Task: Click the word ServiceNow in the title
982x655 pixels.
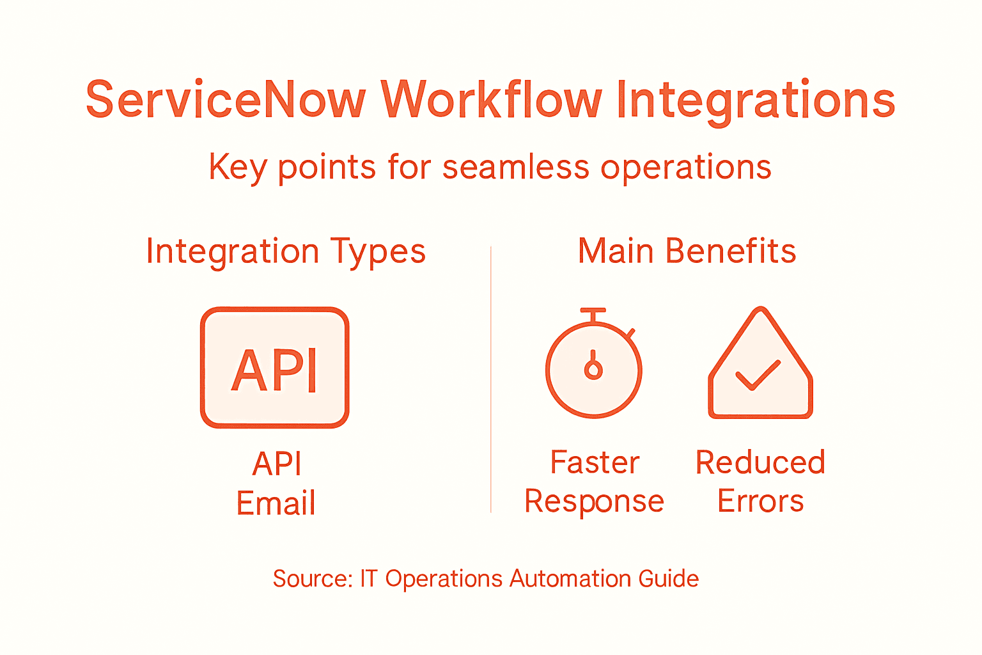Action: click(226, 100)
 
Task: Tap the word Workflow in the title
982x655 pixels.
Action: click(491, 100)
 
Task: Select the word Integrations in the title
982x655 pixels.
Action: click(755, 101)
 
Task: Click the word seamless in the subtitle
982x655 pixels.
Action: click(516, 168)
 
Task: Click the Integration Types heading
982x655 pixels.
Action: click(286, 251)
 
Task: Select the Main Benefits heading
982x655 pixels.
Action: click(687, 251)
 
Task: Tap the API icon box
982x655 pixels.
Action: click(275, 368)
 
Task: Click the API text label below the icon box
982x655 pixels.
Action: click(277, 464)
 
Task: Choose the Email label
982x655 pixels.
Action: click(276, 503)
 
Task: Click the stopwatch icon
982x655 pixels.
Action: click(594, 369)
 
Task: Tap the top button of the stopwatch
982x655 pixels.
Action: click(593, 312)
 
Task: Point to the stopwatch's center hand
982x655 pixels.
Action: click(594, 366)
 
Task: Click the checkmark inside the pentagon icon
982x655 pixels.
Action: click(758, 375)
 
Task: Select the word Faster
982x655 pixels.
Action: click(595, 462)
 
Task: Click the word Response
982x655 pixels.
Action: click(595, 501)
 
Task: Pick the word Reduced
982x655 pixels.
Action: click(760, 462)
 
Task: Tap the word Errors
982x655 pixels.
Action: click(760, 501)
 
